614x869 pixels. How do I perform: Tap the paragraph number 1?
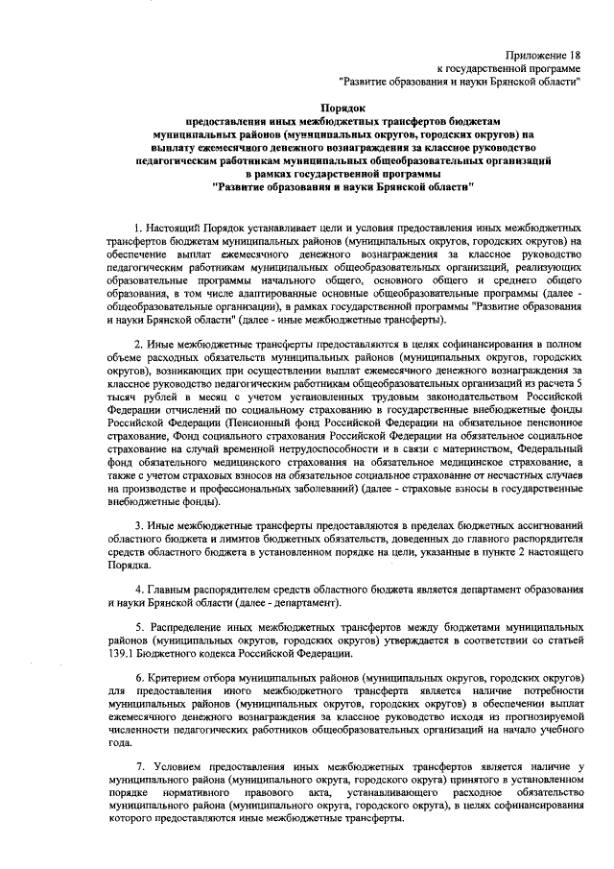(x=137, y=225)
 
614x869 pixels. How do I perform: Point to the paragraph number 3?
(x=137, y=526)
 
